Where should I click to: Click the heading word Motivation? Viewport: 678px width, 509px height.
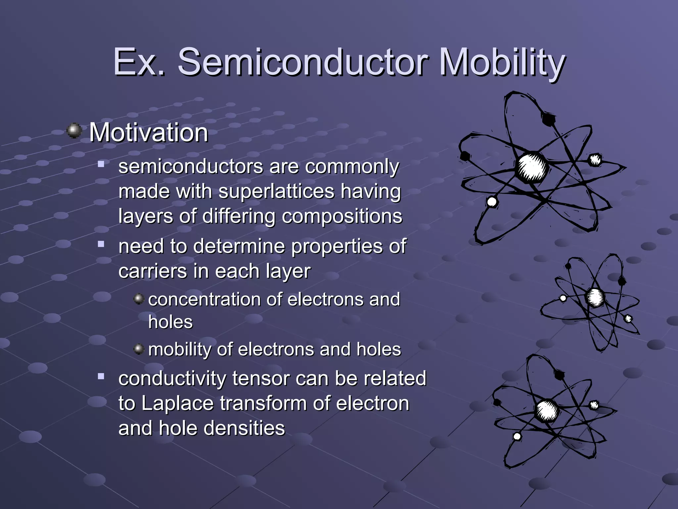click(149, 133)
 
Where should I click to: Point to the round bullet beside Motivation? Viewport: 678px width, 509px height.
click(74, 131)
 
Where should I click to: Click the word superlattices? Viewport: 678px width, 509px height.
click(276, 192)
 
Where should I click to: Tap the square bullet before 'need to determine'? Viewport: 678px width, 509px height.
click(101, 245)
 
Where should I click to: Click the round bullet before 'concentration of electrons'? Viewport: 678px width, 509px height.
click(139, 299)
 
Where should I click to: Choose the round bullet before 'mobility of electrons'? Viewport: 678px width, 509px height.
click(139, 349)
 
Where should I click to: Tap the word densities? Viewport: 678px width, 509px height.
click(244, 428)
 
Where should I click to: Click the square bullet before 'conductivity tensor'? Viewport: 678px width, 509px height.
click(101, 376)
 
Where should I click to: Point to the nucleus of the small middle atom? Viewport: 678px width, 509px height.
click(595, 297)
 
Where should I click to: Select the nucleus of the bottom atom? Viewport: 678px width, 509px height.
click(547, 411)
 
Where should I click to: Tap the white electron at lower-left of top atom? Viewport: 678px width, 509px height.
click(492, 201)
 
